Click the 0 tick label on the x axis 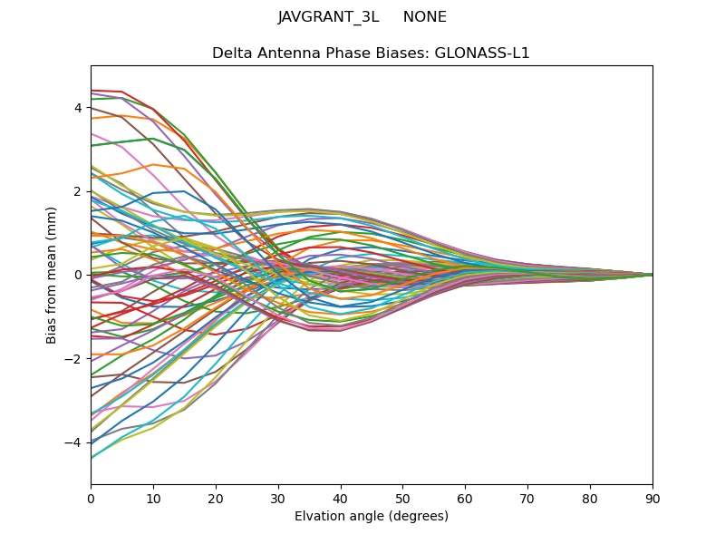click(91, 498)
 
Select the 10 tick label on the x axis click(153, 498)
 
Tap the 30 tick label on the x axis click(278, 498)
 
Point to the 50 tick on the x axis click(402, 498)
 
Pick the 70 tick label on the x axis click(527, 498)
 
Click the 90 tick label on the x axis click(652, 498)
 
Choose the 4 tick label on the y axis click(78, 108)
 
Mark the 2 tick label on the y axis click(78, 191)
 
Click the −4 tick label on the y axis click(74, 442)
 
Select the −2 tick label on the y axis click(74, 359)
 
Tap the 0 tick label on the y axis click(78, 275)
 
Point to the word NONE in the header click(425, 17)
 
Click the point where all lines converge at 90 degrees click(652, 275)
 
